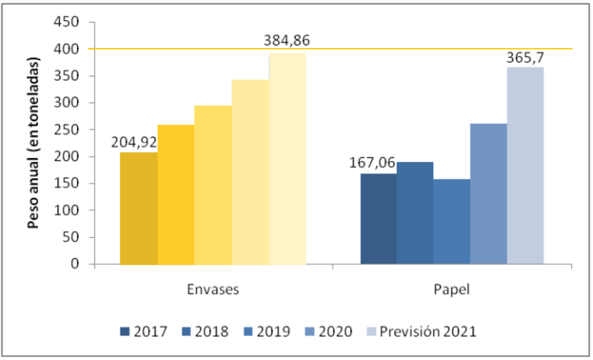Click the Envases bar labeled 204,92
[x=139, y=208]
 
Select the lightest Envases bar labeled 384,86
[x=288, y=159]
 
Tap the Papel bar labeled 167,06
[x=378, y=219]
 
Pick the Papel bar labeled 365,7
[x=525, y=165]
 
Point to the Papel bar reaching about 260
[x=488, y=194]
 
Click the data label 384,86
[x=287, y=41]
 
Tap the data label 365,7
[x=525, y=58]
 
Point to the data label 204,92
[x=134, y=143]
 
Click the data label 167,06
[x=372, y=163]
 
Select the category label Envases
[x=213, y=290]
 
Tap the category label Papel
[x=451, y=290]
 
